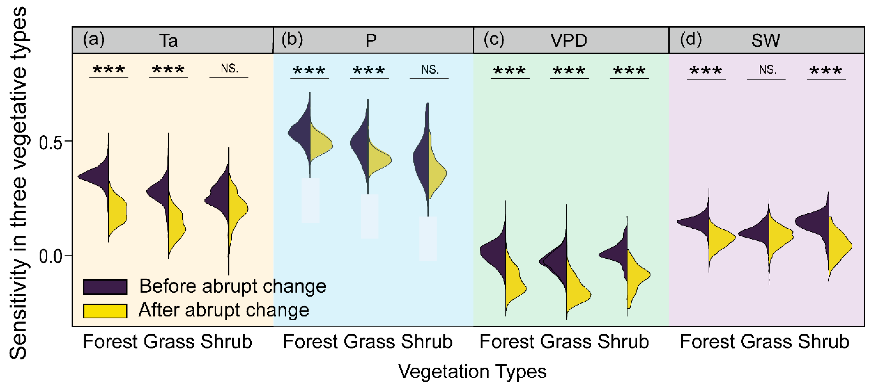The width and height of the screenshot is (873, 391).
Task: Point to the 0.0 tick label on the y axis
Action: click(50, 257)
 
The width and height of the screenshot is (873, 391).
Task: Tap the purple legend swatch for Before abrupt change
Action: click(105, 287)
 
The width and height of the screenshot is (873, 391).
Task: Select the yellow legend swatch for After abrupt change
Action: click(105, 311)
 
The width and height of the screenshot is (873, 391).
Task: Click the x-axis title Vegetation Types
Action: click(472, 371)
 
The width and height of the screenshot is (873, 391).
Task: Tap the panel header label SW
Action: click(765, 41)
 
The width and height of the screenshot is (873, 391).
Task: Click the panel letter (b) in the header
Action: click(292, 39)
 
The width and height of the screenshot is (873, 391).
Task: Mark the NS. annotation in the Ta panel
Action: click(229, 69)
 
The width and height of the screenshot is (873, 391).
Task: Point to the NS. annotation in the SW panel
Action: click(767, 70)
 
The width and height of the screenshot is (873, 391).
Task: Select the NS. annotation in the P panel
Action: click(429, 70)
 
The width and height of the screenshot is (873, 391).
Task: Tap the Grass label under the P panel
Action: click(369, 341)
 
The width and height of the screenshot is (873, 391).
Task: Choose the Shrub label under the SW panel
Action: click(823, 341)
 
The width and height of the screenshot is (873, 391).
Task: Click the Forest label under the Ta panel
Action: click(110, 341)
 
